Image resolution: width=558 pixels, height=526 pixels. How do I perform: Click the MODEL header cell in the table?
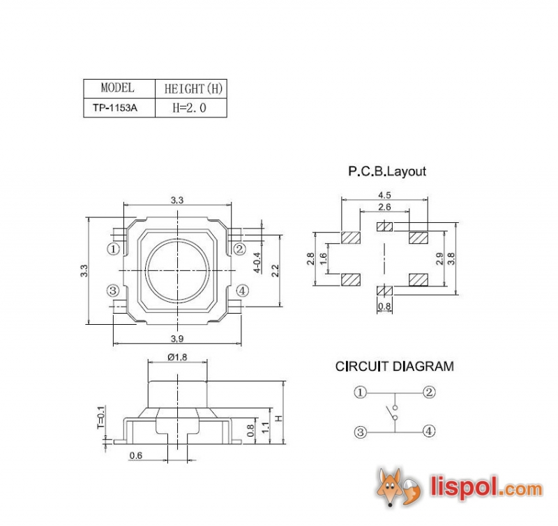(117, 88)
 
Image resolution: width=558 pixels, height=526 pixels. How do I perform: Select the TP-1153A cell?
(115, 108)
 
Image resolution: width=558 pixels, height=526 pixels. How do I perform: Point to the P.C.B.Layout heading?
(387, 171)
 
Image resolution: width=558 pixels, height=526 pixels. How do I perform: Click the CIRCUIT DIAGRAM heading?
(394, 366)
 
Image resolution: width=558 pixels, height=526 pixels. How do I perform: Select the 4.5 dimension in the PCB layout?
(384, 195)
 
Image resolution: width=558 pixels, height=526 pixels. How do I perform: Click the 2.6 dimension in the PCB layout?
(384, 207)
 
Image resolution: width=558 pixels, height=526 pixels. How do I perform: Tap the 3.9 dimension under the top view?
(177, 338)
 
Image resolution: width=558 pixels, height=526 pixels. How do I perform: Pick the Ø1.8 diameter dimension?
(177, 357)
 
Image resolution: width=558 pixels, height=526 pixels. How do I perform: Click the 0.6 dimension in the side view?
(136, 456)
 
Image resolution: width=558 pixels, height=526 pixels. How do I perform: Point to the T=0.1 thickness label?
(100, 417)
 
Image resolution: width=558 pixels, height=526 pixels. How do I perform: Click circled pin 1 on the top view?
(114, 249)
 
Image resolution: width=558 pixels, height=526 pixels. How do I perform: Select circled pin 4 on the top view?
(241, 291)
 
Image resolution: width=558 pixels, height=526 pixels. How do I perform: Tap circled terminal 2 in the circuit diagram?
(429, 392)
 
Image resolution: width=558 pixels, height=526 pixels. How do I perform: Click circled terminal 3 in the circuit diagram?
(360, 432)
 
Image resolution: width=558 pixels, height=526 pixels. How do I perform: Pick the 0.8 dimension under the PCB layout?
(384, 307)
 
